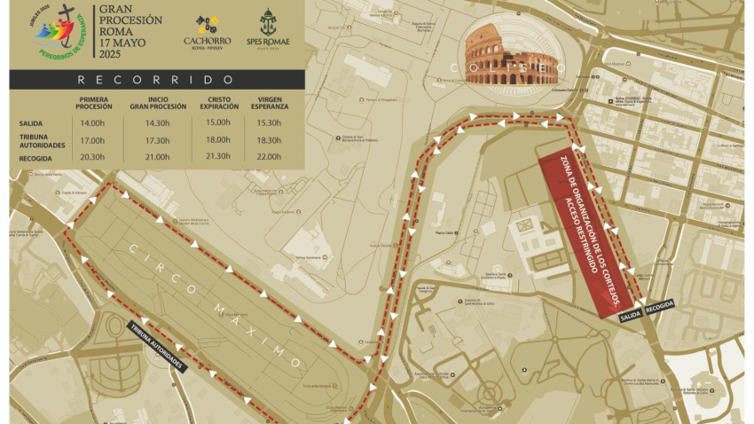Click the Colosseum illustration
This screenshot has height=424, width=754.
[512, 59]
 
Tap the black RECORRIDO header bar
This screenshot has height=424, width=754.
[156, 79]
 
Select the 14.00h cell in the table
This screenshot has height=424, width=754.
[95, 123]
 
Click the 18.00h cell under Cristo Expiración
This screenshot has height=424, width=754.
[217, 140]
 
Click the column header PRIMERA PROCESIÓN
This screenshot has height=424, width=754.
[95, 102]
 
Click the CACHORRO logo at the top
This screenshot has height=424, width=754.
[208, 30]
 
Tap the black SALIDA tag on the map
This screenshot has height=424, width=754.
[631, 315]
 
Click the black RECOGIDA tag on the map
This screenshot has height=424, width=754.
[660, 305]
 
